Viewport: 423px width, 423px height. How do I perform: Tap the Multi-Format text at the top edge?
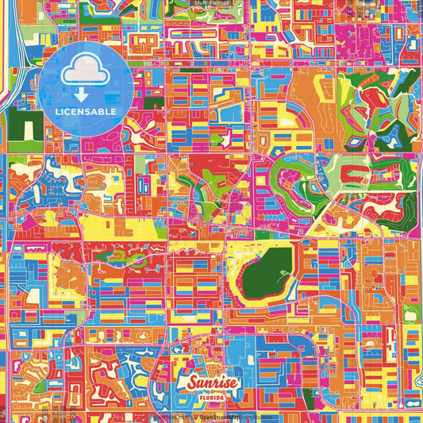211,4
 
